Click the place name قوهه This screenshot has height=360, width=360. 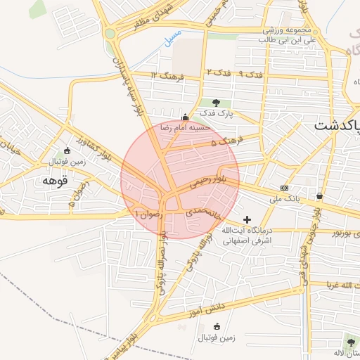54,181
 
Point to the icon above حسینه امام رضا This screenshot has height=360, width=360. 185,117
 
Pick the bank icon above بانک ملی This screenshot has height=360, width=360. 284,188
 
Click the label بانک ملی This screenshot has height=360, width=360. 284,199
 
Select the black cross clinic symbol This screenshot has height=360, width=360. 247,219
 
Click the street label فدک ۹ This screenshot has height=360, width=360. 250,73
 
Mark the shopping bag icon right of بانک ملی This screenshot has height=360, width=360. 320,196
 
